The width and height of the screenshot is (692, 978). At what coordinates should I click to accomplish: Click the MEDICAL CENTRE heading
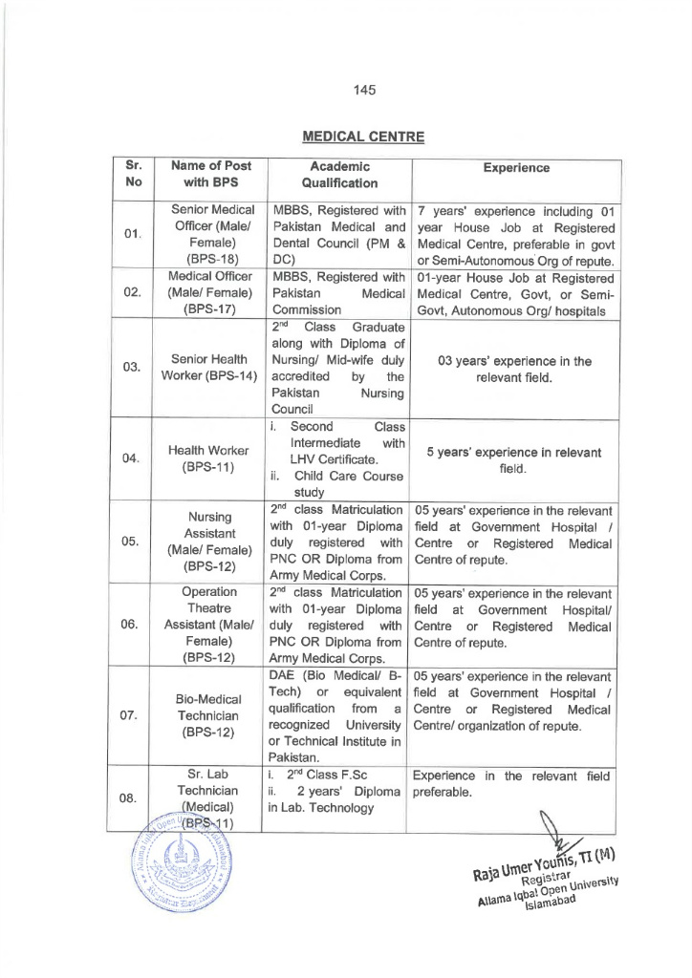click(x=362, y=137)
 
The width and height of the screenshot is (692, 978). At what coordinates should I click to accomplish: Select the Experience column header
click(x=516, y=167)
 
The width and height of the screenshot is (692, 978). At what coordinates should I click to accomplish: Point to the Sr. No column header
click(x=133, y=174)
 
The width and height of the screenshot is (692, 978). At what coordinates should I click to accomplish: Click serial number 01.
click(x=133, y=235)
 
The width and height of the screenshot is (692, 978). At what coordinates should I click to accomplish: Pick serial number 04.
click(x=133, y=457)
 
